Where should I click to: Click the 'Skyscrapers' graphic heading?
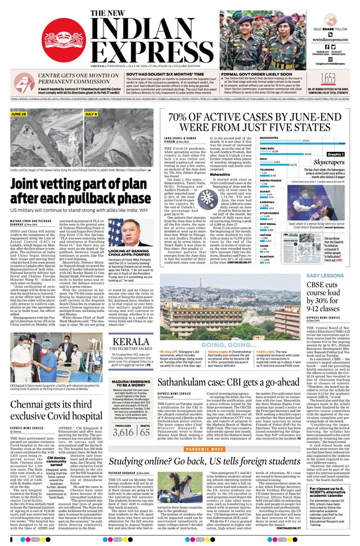click(328, 162)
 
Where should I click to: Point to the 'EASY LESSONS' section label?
click(325, 275)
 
